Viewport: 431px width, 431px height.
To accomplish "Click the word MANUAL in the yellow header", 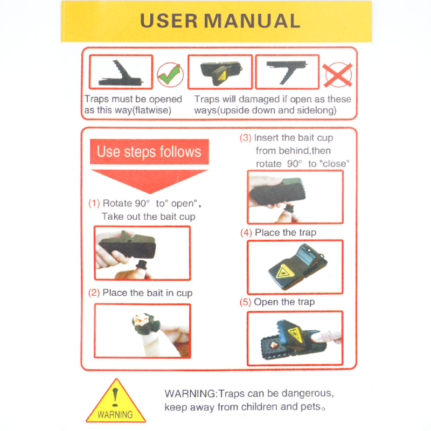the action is (x=252, y=21).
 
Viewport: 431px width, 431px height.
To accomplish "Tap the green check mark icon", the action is (x=170, y=75).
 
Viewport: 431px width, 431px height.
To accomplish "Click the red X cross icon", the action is (x=338, y=75).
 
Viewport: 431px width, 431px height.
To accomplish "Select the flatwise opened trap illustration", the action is (x=121, y=73).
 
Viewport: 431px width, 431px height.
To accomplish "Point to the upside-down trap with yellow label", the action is (x=221, y=73).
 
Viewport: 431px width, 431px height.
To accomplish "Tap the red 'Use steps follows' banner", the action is (x=149, y=152).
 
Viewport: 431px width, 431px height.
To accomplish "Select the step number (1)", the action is (x=94, y=204).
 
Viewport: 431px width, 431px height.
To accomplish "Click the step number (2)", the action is (x=94, y=293).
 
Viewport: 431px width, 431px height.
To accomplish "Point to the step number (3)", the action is (x=246, y=137).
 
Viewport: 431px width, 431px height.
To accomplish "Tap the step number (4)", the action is (x=246, y=233).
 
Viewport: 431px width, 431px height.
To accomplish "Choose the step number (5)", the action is (x=245, y=302).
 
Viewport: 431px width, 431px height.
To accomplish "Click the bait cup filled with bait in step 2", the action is (x=145, y=323).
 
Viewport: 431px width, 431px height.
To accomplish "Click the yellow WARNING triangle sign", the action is (x=116, y=401).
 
